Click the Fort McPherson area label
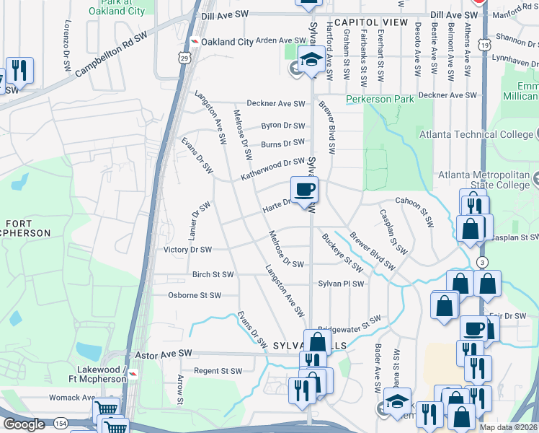[x=25, y=227]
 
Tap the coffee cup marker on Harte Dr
[x=304, y=191]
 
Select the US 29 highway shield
[x=185, y=58]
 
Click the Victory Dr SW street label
[x=187, y=250]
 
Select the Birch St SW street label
[x=213, y=275]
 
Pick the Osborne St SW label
[x=194, y=295]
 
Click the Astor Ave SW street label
[x=163, y=354]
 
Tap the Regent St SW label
[x=217, y=371]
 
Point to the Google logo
[x=24, y=424]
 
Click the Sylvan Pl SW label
[x=342, y=284]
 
